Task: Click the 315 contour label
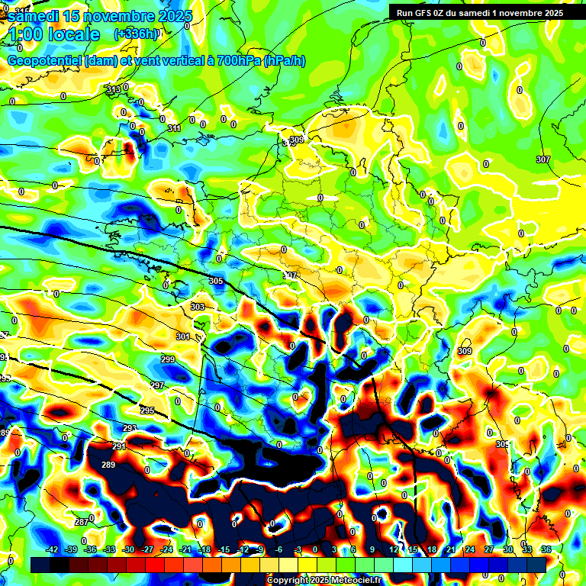[x=113, y=90]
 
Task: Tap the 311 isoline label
[x=174, y=128]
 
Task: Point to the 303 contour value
[x=198, y=307]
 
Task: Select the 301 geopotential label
[x=182, y=336]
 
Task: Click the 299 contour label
[x=168, y=359]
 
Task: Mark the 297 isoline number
[x=156, y=385]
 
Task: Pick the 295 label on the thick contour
[x=147, y=411]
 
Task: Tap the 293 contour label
[x=130, y=428]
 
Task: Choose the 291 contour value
[x=119, y=446]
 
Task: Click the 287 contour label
[x=82, y=522]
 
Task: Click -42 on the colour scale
[x=52, y=549]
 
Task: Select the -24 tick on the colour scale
[x=166, y=549]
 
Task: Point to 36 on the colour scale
[x=546, y=549]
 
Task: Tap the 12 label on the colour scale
[x=394, y=549]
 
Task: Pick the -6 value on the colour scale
[x=279, y=549]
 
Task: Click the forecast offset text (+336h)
[x=136, y=34]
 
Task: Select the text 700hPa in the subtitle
[x=239, y=60]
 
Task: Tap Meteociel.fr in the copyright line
[x=359, y=580]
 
